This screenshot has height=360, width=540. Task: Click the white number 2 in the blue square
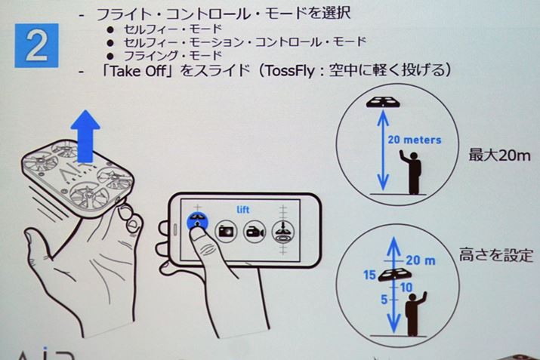36,46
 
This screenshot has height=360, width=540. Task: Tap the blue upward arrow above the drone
85,137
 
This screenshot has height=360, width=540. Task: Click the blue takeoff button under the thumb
197,221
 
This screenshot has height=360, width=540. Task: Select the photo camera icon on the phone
226,231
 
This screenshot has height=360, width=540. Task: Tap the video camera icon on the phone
255,231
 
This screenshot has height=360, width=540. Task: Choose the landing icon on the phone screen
283,231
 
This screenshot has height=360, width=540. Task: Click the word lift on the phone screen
242,209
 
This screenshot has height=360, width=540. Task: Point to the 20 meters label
415,140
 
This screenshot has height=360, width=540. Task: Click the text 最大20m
499,155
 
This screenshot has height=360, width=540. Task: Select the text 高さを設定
496,255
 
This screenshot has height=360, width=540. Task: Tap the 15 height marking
369,275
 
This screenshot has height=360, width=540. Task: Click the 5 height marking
384,300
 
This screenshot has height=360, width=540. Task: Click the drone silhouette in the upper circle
384,102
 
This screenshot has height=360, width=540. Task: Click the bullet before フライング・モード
110,56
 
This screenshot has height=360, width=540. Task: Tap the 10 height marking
406,287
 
